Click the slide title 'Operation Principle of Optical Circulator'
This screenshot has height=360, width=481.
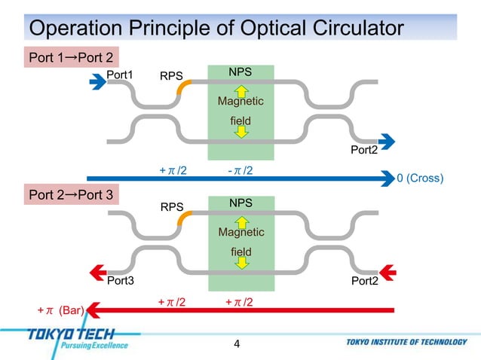[213, 29]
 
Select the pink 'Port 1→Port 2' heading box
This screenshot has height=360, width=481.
[70, 57]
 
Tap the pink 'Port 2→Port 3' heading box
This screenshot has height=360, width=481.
[70, 196]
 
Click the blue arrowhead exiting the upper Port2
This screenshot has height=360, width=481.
[387, 140]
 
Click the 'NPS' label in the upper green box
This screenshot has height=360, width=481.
[240, 72]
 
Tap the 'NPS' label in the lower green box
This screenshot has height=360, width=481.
[240, 204]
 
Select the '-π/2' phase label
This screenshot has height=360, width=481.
[240, 171]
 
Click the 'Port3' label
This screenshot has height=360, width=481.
[120, 282]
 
